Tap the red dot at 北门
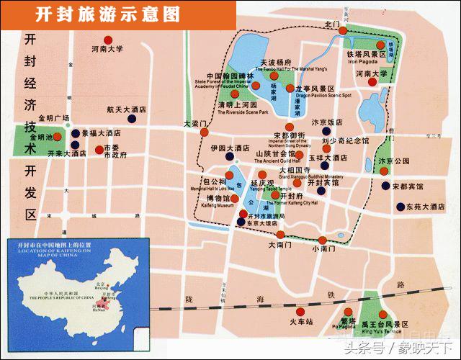tap(344, 30)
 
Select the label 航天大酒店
tap(126, 110)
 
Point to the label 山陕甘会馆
tap(276, 154)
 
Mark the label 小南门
tap(324, 248)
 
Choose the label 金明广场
tap(54, 118)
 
